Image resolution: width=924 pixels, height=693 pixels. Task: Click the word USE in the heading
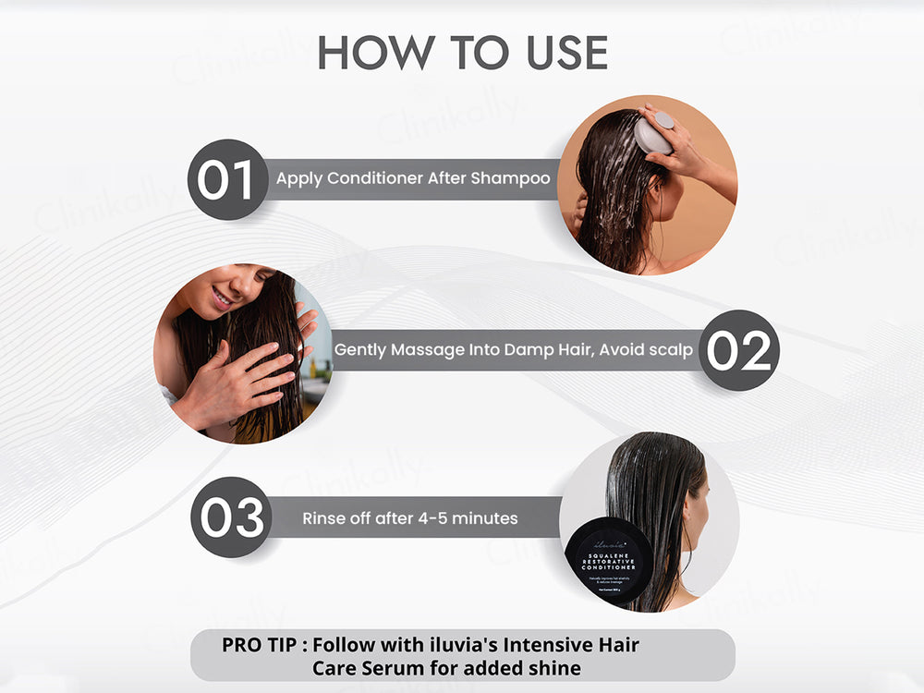click(x=559, y=54)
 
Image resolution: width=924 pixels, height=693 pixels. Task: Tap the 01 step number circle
click(x=226, y=179)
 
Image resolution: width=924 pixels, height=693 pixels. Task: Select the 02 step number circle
click(x=738, y=350)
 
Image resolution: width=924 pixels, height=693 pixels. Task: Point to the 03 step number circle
click(x=231, y=517)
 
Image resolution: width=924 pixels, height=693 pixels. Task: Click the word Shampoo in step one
click(x=510, y=178)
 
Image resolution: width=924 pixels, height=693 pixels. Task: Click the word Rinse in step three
click(x=323, y=518)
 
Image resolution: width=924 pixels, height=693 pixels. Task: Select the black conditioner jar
click(x=609, y=559)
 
